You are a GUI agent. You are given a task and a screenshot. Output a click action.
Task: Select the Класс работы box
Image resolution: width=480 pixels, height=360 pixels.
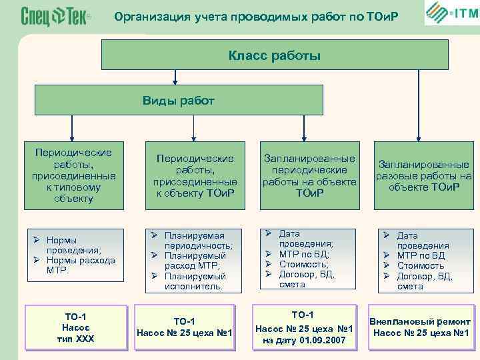(274, 55)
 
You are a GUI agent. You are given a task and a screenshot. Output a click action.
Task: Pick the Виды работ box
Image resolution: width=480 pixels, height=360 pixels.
(179, 101)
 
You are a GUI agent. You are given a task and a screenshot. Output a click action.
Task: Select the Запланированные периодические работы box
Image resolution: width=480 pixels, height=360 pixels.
(300, 176)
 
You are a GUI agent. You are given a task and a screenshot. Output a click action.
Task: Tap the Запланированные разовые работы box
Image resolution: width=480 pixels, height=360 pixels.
(423, 175)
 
